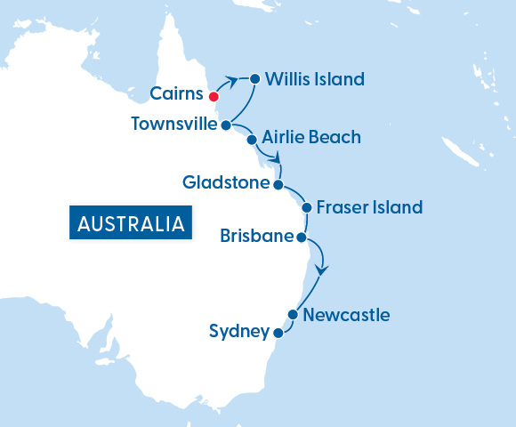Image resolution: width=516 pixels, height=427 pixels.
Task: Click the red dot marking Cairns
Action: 214,95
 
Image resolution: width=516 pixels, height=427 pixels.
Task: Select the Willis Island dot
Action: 254,78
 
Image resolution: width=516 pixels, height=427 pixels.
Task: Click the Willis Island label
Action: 315,79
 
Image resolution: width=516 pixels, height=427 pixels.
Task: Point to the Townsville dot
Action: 227,125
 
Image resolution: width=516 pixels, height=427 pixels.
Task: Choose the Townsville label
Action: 173,124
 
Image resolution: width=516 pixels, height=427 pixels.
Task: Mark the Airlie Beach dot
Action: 252,140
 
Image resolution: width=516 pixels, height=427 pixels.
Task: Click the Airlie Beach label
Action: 312,137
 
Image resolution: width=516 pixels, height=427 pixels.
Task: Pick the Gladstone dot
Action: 278,185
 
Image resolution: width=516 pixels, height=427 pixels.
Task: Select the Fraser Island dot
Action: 306,208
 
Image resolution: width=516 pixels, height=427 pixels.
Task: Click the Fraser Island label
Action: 368,208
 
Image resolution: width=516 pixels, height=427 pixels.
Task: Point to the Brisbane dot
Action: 302,238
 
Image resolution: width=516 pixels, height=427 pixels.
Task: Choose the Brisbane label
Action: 257,236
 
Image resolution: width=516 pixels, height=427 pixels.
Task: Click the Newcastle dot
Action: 292,314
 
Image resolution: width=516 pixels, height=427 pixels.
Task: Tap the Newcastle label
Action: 346,315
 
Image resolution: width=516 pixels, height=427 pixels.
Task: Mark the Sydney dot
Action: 278,334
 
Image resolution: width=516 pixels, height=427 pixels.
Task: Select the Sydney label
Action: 239,332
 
